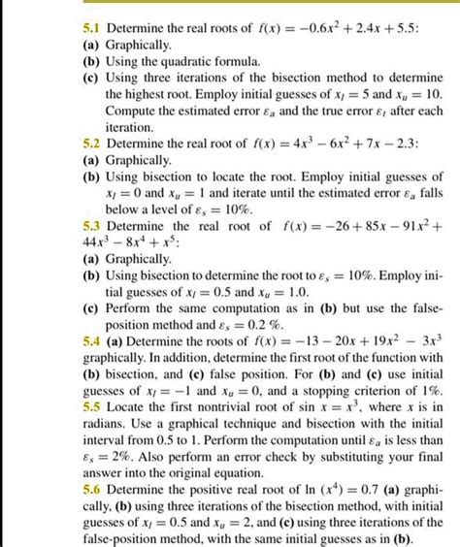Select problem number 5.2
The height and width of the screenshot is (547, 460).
click(x=92, y=144)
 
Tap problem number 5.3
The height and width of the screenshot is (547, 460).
click(x=92, y=226)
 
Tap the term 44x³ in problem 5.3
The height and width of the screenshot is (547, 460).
click(x=96, y=243)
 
